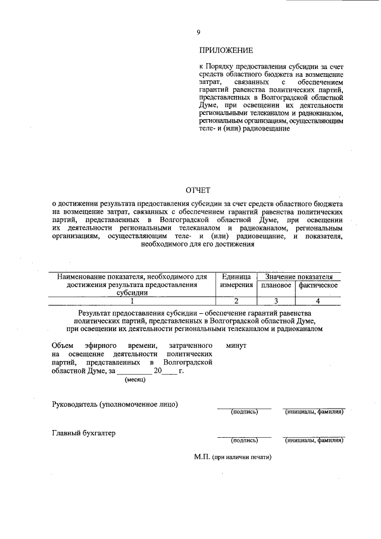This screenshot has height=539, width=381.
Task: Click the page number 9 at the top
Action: (x=198, y=33)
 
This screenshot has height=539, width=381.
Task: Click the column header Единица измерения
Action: (x=236, y=281)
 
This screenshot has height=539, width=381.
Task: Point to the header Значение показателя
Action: (x=299, y=276)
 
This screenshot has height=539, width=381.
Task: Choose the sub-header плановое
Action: (x=276, y=285)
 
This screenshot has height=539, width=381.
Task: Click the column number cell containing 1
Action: (x=132, y=301)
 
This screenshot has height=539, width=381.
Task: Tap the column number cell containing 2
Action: (x=236, y=301)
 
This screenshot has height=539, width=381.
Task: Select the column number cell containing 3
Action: (x=276, y=301)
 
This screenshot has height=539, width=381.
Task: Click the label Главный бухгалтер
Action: (x=83, y=433)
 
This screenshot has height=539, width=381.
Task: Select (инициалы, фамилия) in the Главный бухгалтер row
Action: (x=314, y=441)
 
